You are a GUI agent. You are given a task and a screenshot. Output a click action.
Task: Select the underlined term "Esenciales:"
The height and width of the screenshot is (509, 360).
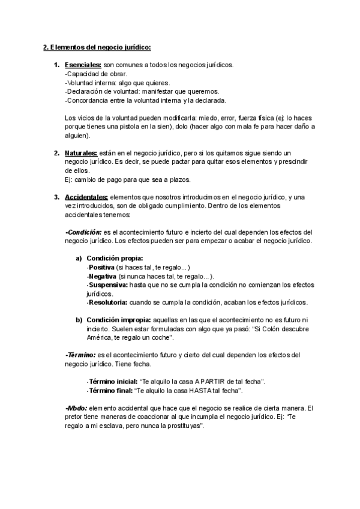coord(83,64)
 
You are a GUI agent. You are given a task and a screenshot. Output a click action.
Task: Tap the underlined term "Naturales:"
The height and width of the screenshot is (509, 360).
coord(81,153)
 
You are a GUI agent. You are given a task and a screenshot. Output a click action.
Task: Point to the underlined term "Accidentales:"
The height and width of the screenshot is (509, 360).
coord(86,197)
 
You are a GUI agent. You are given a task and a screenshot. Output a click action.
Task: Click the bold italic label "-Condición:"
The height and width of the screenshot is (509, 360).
coord(83,232)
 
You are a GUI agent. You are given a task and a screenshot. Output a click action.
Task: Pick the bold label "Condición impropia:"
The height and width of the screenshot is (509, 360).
coord(119,319)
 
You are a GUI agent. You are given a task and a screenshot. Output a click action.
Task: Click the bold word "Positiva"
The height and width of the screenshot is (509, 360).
coord(101,267)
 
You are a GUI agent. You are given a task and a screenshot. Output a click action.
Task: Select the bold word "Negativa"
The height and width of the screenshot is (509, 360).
coord(103,276)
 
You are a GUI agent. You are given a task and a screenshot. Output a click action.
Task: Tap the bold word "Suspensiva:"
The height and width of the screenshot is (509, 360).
coord(108,285)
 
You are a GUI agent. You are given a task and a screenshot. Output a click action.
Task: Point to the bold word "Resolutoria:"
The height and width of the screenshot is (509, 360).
coord(109,302)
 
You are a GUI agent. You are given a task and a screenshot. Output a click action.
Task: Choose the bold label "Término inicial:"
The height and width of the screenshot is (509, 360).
coord(112,382)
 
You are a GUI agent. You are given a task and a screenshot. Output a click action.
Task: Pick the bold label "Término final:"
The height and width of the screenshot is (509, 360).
coord(110,390)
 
